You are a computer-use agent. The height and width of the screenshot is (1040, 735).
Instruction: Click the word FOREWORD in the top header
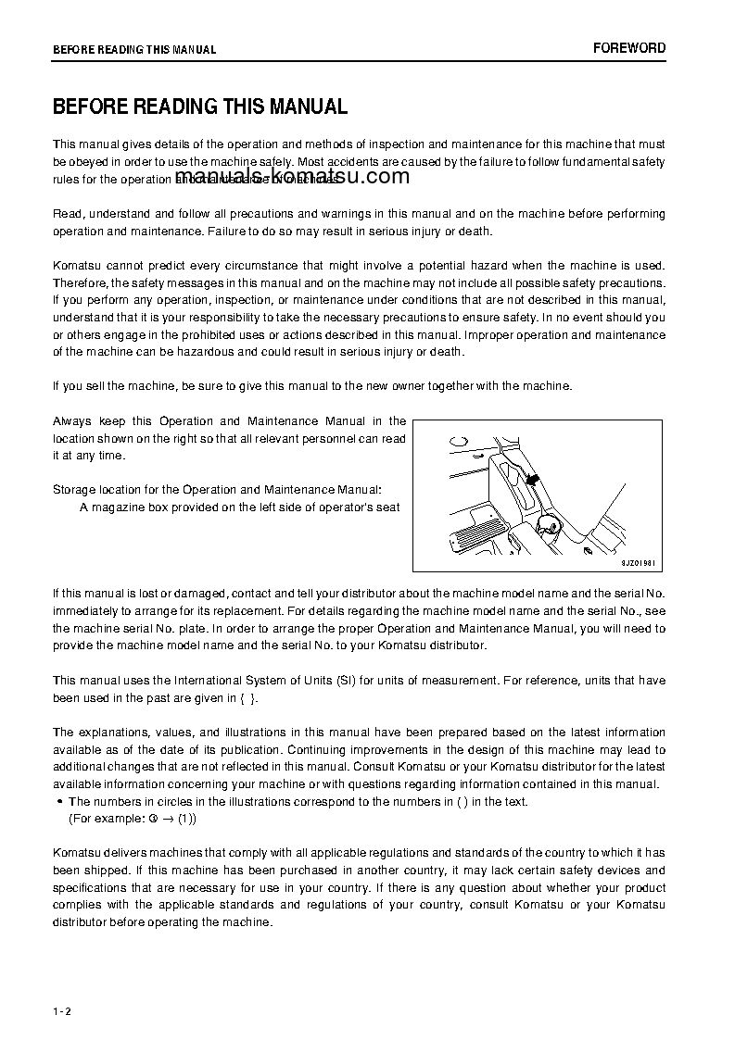coord(629,48)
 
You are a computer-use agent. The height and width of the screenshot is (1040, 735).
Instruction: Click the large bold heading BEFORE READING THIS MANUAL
coord(200,107)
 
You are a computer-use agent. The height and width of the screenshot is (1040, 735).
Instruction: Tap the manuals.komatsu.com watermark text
coord(291,178)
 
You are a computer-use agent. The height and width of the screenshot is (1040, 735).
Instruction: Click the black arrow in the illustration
coord(531,480)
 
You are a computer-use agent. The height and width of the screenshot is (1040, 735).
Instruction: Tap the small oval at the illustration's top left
coord(457,440)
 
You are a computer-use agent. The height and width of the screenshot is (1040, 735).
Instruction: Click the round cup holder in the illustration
coord(548,526)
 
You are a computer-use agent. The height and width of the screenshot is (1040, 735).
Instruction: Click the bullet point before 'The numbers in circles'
coord(60,802)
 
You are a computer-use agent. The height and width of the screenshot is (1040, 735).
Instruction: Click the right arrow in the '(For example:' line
coord(168,820)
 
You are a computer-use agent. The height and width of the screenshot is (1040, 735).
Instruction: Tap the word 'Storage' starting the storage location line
coord(72,489)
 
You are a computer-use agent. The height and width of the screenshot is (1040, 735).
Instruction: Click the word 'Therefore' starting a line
coord(81,282)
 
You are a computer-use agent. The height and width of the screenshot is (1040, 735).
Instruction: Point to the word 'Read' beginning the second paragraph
coord(67,214)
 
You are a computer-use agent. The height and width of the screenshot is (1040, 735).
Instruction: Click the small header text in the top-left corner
coord(134,50)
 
